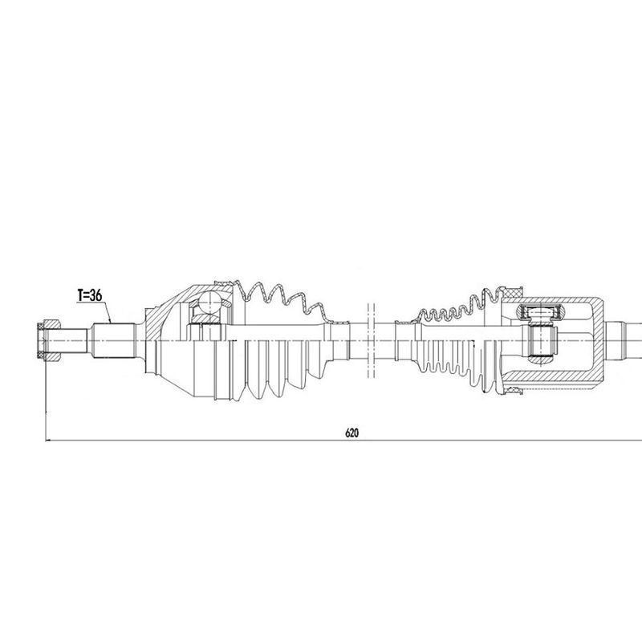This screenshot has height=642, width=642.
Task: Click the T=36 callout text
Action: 90,295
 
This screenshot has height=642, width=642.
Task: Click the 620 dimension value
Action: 351,433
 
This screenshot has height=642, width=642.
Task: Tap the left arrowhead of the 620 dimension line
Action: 48,441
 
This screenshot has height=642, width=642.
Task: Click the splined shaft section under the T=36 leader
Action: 114,339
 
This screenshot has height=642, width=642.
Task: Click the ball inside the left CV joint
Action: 209,302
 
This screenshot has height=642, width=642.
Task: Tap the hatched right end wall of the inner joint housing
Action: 599,340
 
